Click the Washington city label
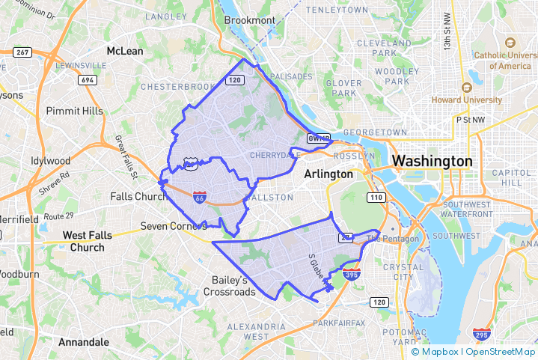click(x=432, y=161)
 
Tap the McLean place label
click(x=125, y=51)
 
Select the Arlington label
click(x=328, y=174)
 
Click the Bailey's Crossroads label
click(x=230, y=286)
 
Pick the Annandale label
click(x=83, y=342)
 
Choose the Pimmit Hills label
click(x=74, y=111)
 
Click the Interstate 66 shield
click(x=199, y=198)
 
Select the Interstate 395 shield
click(x=352, y=274)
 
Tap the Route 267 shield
click(x=23, y=52)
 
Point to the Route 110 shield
click(x=376, y=197)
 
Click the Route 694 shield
click(x=88, y=79)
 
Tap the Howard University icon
click(x=465, y=88)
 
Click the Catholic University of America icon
click(x=510, y=43)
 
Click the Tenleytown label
click(x=339, y=10)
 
